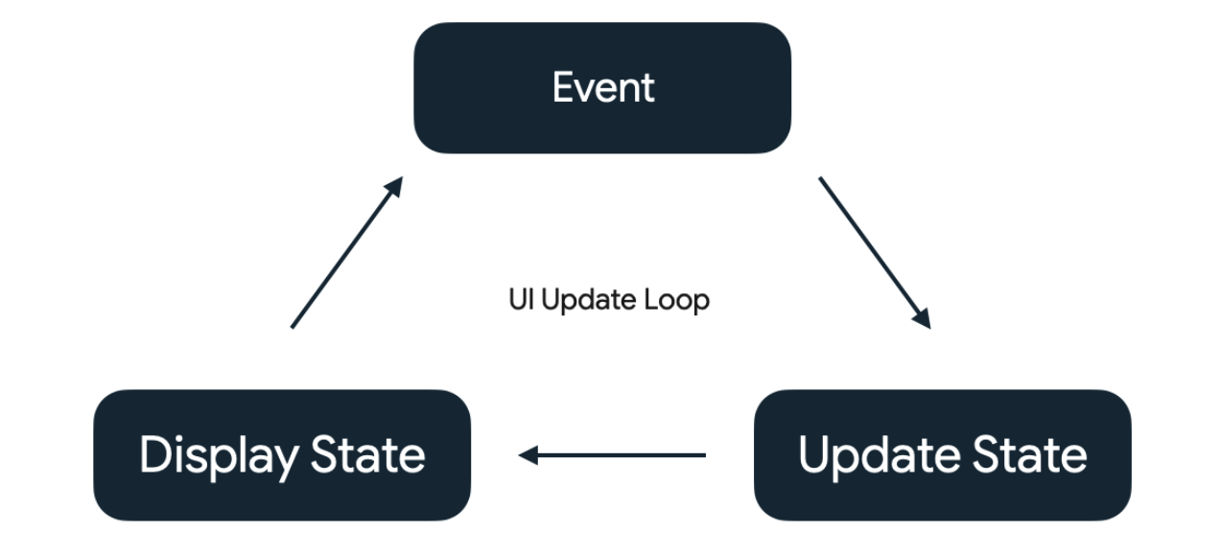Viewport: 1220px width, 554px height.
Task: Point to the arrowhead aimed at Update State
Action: pyautogui.click(x=922, y=319)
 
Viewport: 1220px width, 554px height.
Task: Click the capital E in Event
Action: pyautogui.click(x=563, y=88)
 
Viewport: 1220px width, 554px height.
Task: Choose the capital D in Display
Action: pyautogui.click(x=153, y=454)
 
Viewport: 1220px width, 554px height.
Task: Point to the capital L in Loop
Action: pyautogui.click(x=653, y=300)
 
